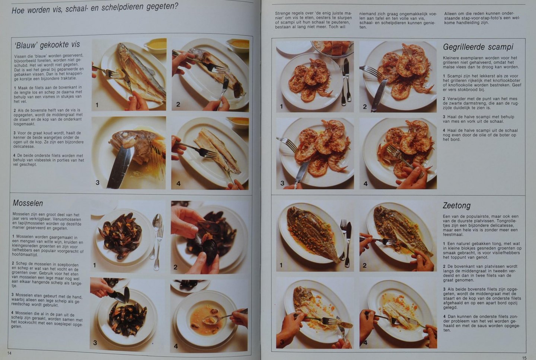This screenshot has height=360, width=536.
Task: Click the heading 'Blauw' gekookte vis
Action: click(47, 45)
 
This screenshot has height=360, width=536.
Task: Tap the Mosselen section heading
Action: click(28, 203)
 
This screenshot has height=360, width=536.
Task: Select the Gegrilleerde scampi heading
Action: click(478, 47)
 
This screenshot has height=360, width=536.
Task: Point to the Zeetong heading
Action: click(457, 206)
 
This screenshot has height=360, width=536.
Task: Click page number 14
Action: click(9, 353)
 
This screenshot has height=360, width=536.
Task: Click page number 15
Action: click(524, 358)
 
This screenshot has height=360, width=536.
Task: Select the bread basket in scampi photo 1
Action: click(333, 48)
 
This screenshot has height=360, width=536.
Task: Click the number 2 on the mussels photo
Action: click(175, 267)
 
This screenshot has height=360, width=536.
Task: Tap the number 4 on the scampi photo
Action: click(366, 184)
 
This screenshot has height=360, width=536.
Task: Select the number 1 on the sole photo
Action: click(281, 265)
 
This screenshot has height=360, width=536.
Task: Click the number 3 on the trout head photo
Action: click(98, 183)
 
